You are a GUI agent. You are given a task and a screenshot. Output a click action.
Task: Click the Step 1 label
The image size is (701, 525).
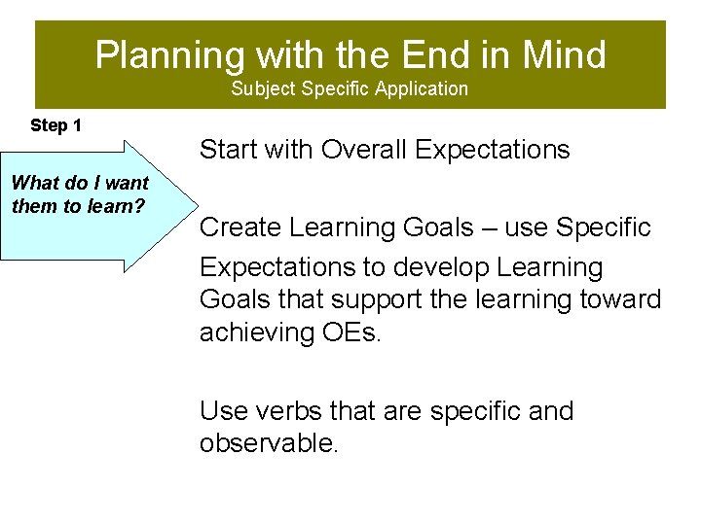click(x=55, y=125)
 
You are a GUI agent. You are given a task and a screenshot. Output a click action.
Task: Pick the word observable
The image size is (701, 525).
click(x=269, y=444)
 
